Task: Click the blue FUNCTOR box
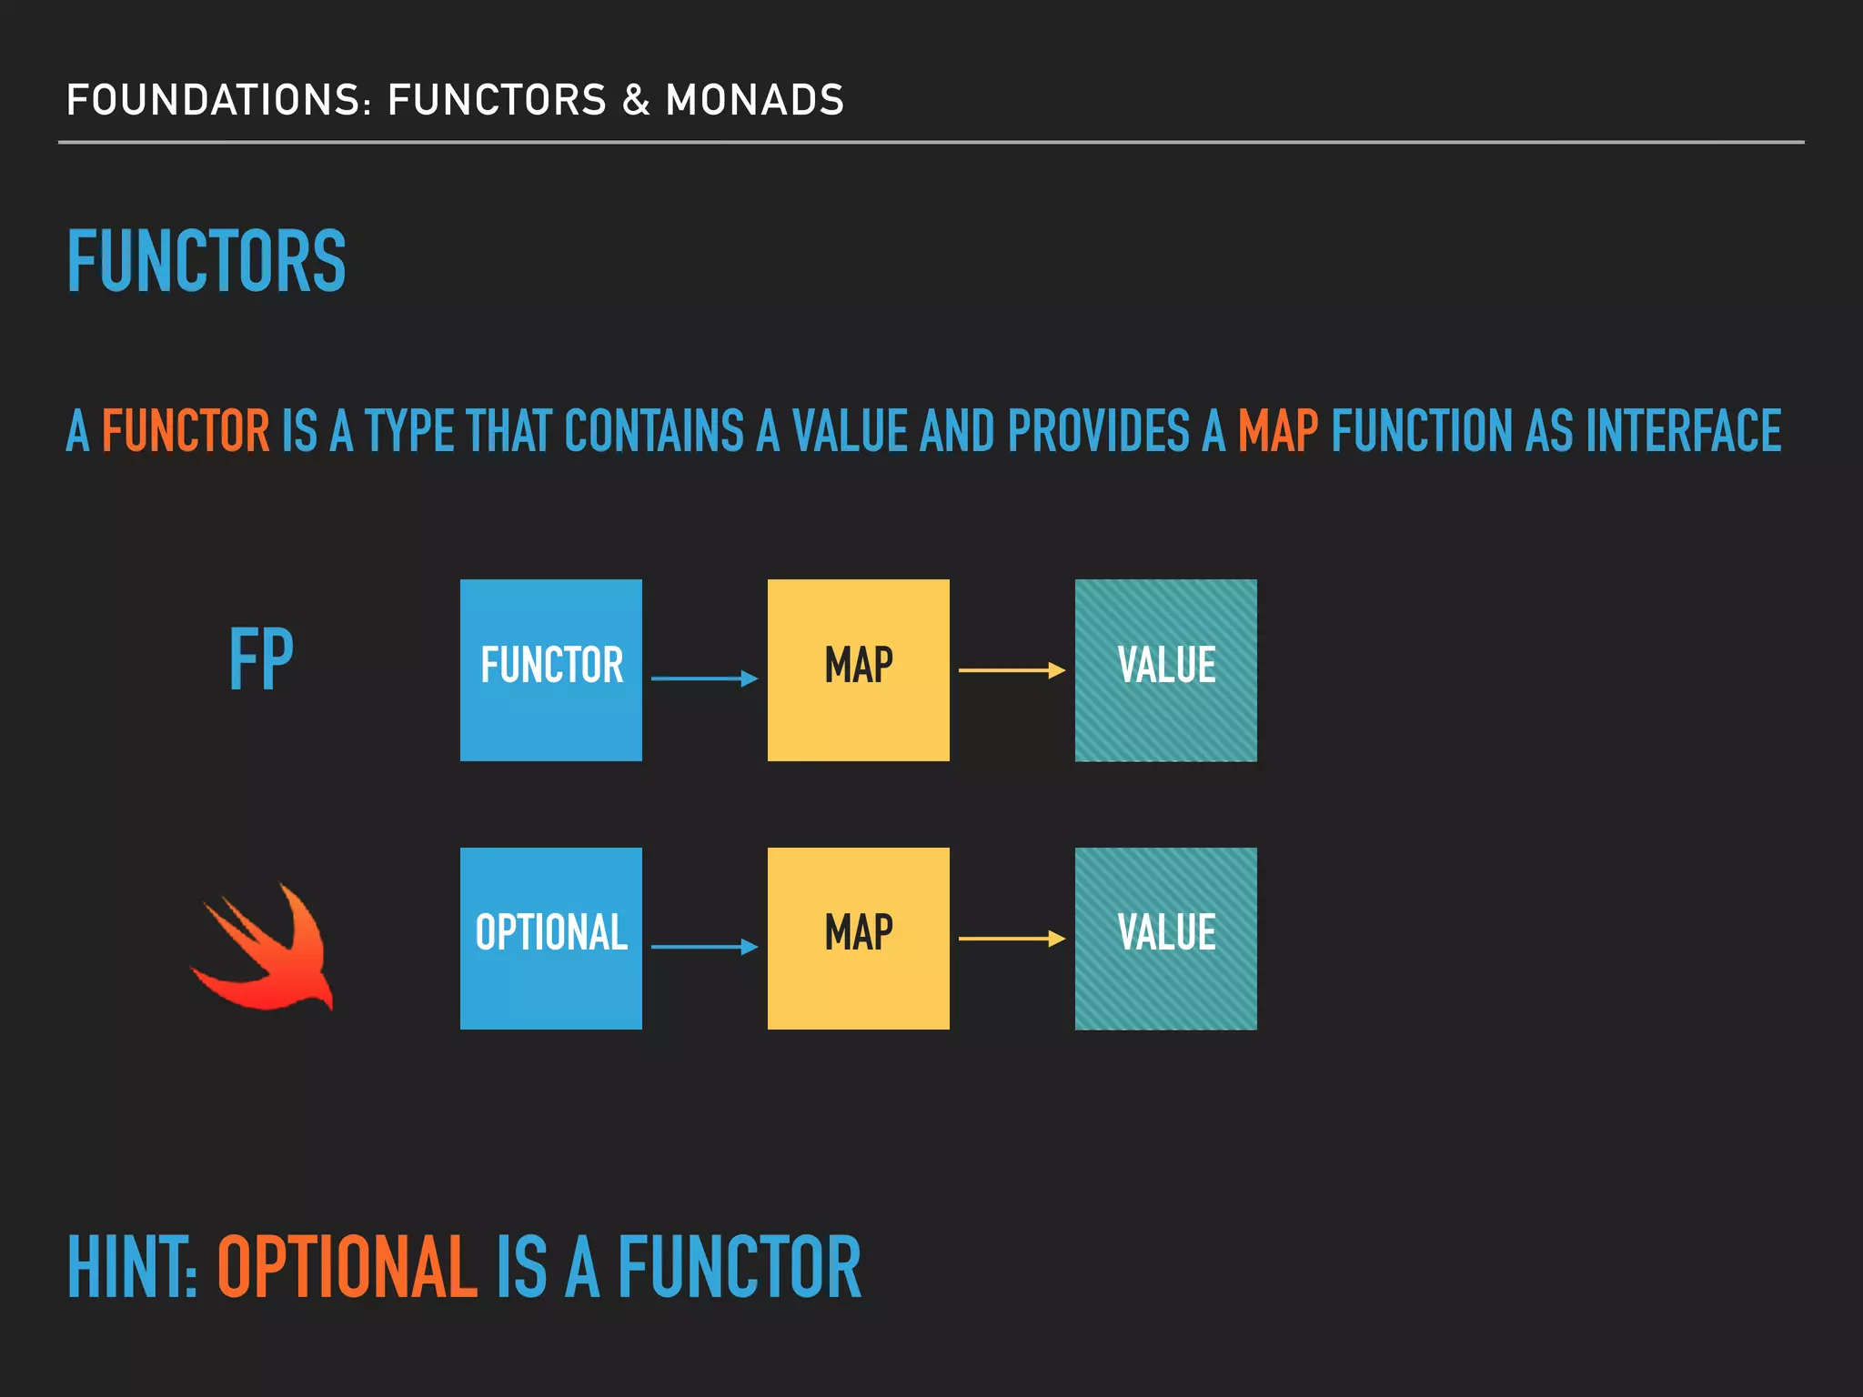(x=551, y=670)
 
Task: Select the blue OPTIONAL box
(x=551, y=939)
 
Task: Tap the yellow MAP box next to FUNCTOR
(x=858, y=670)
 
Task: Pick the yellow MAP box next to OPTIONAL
(x=858, y=939)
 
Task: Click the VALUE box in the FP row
(x=1165, y=670)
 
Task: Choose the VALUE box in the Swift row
(x=1165, y=939)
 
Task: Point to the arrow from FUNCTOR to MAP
(x=704, y=678)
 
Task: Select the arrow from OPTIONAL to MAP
(x=704, y=947)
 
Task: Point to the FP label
(x=261, y=659)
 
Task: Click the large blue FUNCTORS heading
(x=206, y=261)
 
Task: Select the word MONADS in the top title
(x=755, y=100)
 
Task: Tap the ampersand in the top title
(x=636, y=100)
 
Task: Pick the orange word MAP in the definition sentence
(x=1277, y=430)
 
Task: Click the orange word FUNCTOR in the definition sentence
(x=186, y=430)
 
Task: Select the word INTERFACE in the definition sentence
(x=1683, y=430)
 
